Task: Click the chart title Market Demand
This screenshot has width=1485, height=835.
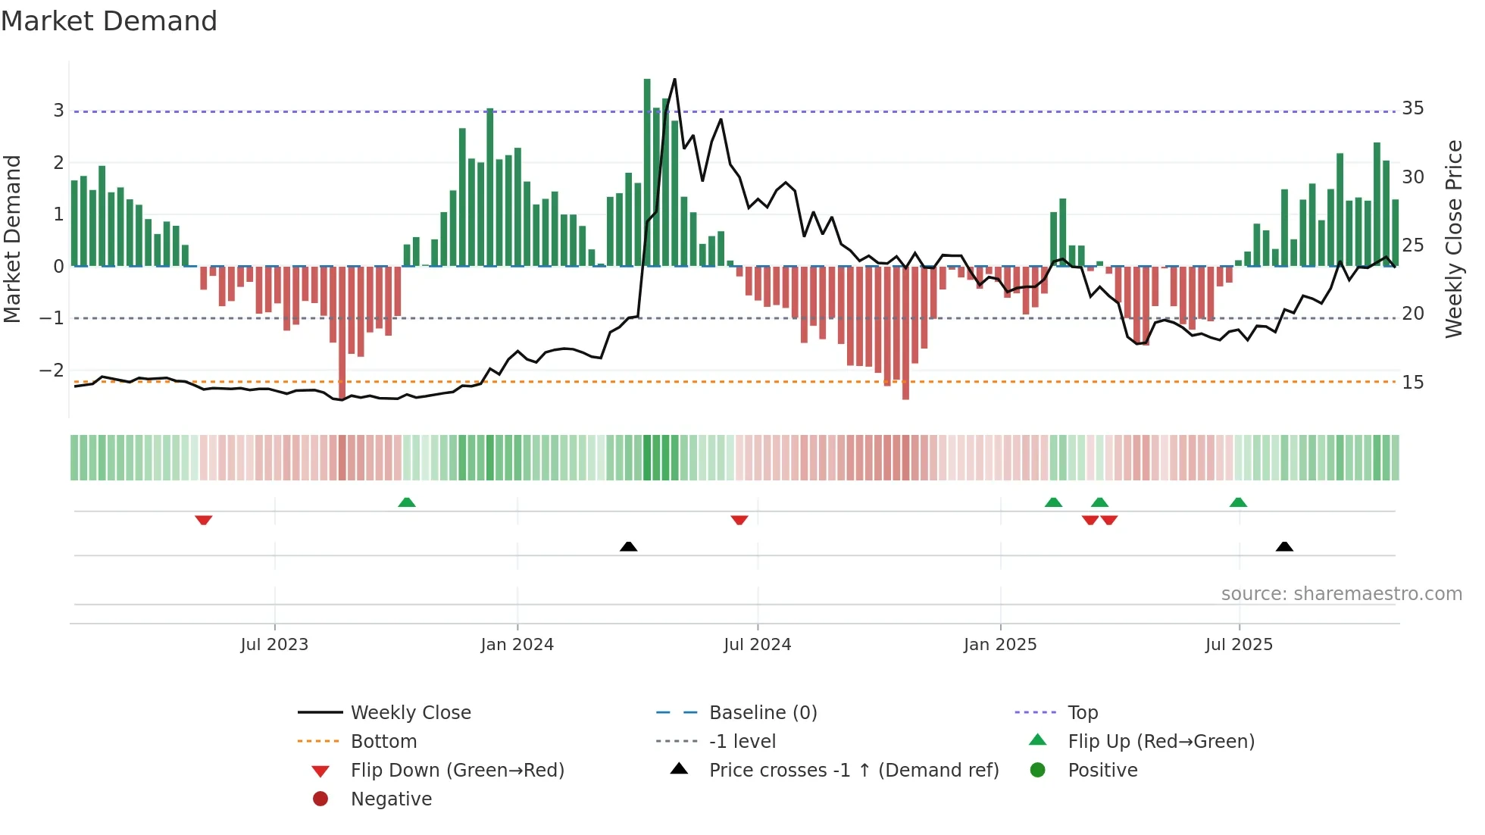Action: (x=109, y=21)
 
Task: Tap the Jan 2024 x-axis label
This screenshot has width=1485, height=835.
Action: (x=517, y=645)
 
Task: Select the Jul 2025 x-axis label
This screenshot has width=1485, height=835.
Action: (x=1239, y=645)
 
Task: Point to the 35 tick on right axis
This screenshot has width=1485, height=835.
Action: (x=1412, y=108)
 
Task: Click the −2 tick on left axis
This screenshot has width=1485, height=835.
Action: (x=52, y=371)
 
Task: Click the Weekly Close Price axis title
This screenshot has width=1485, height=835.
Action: (x=1453, y=239)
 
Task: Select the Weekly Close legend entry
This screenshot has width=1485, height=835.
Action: (x=410, y=713)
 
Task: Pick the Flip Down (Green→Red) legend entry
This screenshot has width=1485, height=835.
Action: (x=457, y=771)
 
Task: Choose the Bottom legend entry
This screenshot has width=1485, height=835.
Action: (x=383, y=742)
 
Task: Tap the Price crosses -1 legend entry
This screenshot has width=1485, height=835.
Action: (x=853, y=771)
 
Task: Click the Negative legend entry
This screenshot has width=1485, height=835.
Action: (x=391, y=799)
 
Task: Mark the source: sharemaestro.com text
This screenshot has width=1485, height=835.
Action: (x=1341, y=594)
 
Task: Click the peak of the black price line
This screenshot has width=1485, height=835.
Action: (x=674, y=80)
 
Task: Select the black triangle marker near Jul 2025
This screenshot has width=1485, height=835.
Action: (x=1284, y=546)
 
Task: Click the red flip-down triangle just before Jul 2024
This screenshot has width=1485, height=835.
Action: (x=739, y=520)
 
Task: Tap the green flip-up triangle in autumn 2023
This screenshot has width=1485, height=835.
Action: (x=407, y=502)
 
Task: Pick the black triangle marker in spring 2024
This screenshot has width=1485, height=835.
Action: (x=628, y=546)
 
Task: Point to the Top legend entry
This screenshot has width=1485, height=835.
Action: (x=1082, y=713)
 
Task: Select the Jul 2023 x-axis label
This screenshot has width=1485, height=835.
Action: (x=274, y=645)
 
